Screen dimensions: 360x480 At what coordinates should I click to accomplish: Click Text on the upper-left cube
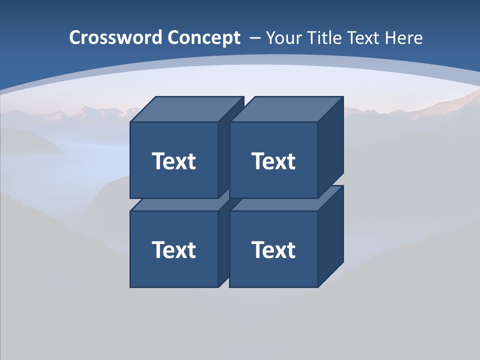coord(173,161)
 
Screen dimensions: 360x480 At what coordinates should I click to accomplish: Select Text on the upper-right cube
coord(273,161)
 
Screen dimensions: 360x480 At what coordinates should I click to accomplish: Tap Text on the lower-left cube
coord(173,249)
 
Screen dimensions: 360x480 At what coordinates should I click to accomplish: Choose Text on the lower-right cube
coord(273,249)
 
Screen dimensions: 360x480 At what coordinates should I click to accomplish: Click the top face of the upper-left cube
coord(186,109)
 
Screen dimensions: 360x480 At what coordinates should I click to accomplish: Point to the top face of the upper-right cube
coord(286,109)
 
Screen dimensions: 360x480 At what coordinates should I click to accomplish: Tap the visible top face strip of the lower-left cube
coord(175,204)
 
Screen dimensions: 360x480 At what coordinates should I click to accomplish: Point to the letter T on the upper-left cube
coord(158,161)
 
